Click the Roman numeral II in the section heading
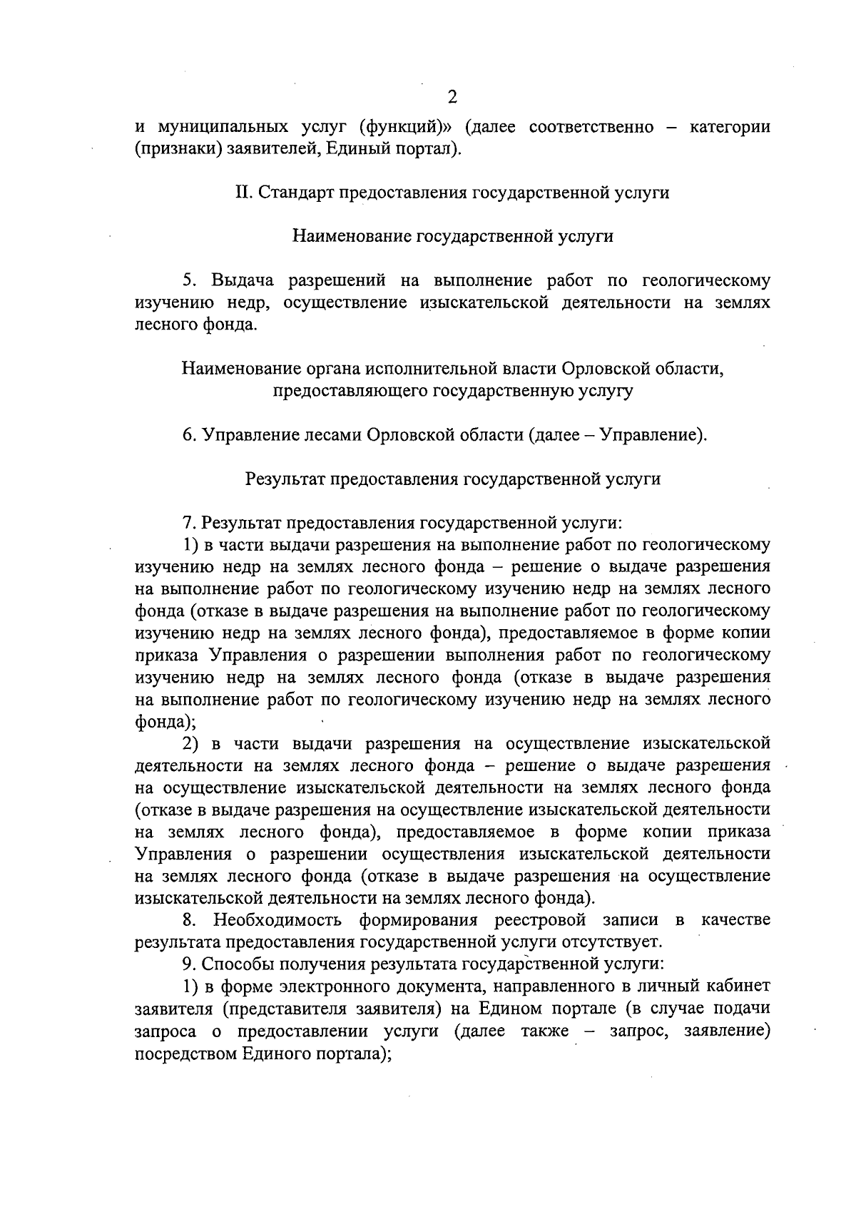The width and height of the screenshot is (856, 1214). pos(243,193)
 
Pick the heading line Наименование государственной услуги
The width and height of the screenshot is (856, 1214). pos(453,236)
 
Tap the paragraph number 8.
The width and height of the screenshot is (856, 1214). pos(188,920)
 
